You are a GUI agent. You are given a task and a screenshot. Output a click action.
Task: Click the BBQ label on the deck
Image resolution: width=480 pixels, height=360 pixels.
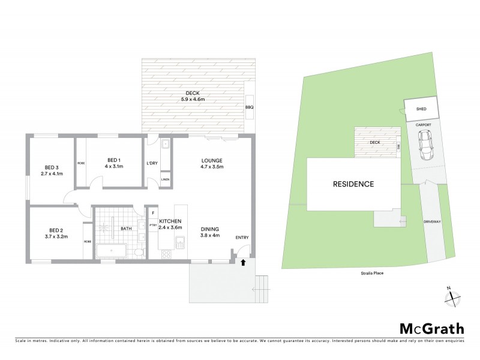pyautogui.click(x=250, y=107)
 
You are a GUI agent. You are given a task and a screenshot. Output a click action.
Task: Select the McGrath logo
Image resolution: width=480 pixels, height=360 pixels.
pyautogui.click(x=432, y=328)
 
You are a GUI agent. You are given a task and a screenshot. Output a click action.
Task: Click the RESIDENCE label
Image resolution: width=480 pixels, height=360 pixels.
pyautogui.click(x=353, y=184)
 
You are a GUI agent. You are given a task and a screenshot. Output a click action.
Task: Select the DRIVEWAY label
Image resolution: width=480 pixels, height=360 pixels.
pyautogui.click(x=433, y=221)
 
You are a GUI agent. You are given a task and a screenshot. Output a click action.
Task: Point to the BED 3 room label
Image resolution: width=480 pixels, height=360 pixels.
pyautogui.click(x=52, y=167)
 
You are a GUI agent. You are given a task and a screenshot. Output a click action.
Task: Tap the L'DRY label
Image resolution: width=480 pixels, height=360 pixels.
pyautogui.click(x=152, y=164)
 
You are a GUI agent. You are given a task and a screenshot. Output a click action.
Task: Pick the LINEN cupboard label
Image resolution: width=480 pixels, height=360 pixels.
pyautogui.click(x=165, y=179)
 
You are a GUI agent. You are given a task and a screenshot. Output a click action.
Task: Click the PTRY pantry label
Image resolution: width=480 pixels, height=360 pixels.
pyautogui.click(x=145, y=226)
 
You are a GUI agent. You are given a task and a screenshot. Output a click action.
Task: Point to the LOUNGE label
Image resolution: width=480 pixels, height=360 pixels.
pyautogui.click(x=212, y=160)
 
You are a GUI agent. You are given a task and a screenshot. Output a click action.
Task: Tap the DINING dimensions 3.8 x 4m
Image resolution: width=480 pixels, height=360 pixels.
pyautogui.click(x=210, y=236)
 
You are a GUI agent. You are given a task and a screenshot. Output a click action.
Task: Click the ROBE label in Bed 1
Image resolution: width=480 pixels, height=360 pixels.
pyautogui.click(x=80, y=164)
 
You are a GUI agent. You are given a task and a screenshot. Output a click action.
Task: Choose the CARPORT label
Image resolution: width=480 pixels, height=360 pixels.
pyautogui.click(x=424, y=125)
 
